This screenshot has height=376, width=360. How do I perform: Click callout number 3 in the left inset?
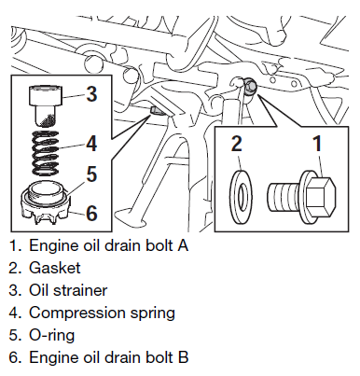click(91, 93)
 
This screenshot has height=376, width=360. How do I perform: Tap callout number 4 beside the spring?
click(91, 144)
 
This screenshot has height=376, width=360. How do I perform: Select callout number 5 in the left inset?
click(91, 174)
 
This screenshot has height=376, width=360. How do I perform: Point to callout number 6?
click(91, 213)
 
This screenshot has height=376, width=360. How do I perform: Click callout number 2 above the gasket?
click(237, 144)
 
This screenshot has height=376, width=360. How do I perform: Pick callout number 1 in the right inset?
click(317, 144)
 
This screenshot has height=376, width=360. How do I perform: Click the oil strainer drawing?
click(46, 105)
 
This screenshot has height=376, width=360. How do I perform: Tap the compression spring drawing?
click(46, 152)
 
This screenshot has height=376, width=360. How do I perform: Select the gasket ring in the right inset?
click(241, 196)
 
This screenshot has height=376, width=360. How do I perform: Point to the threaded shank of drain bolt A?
click(283, 198)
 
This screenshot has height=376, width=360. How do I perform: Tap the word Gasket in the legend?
click(55, 268)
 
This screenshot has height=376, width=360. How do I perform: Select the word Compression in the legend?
click(77, 313)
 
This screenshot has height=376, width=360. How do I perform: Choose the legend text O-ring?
click(51, 335)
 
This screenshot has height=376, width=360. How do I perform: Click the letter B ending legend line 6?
click(183, 357)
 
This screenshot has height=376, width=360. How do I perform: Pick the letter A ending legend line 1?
click(183, 245)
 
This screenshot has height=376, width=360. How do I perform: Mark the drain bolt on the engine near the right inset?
click(250, 86)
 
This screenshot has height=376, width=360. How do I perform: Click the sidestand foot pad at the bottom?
click(132, 216)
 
